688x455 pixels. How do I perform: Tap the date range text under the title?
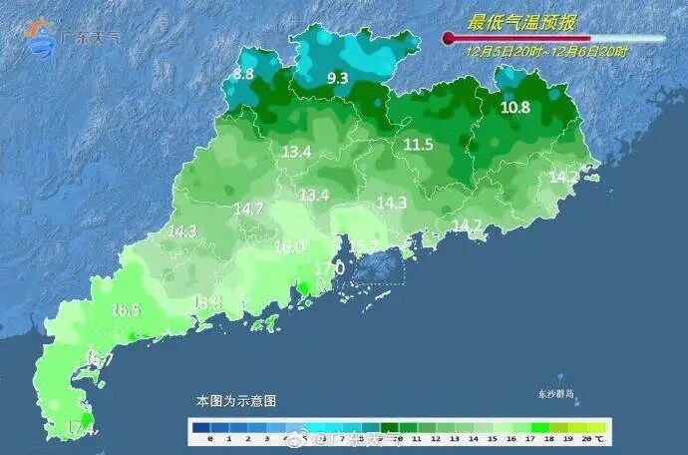click(546, 50)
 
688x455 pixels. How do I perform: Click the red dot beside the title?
click(449, 39)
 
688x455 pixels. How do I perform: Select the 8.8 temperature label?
click(243, 74)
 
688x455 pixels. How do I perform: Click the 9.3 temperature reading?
click(337, 78)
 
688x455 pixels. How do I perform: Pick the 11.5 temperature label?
click(418, 145)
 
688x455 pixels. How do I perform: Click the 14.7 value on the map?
click(248, 209)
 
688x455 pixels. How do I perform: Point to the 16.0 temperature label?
click(289, 246)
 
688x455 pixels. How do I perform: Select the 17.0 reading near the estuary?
click(329, 268)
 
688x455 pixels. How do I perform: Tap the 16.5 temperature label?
click(126, 310)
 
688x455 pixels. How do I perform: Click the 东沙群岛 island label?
click(556, 394)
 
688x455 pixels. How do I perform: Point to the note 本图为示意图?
click(236, 400)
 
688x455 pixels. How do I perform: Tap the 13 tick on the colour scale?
click(453, 438)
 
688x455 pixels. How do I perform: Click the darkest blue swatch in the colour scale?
click(201, 426)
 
